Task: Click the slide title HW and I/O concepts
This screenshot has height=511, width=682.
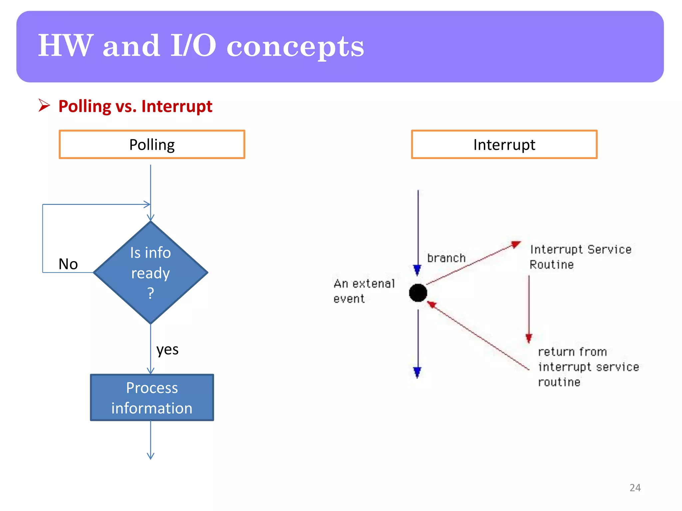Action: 201,46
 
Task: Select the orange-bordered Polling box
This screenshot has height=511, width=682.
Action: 152,144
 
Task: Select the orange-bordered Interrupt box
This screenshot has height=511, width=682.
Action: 504,144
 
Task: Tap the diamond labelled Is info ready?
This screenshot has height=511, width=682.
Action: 151,272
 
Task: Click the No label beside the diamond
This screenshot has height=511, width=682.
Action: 68,264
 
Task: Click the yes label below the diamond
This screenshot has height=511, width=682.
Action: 168,349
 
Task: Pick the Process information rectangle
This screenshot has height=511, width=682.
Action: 152,398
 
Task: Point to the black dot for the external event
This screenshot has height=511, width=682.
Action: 418,293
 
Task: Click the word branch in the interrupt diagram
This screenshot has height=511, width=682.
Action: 446,258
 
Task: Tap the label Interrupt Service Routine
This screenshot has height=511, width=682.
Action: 580,257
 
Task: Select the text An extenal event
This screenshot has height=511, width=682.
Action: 364,291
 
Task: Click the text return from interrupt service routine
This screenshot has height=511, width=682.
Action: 588,367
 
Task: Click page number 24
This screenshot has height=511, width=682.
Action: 635,487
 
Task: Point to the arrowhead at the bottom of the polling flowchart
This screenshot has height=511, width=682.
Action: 151,456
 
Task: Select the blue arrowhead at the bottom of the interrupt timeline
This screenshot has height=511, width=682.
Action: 417,372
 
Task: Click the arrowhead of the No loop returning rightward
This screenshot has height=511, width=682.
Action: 147,204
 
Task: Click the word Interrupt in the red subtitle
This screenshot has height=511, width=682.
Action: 177,106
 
